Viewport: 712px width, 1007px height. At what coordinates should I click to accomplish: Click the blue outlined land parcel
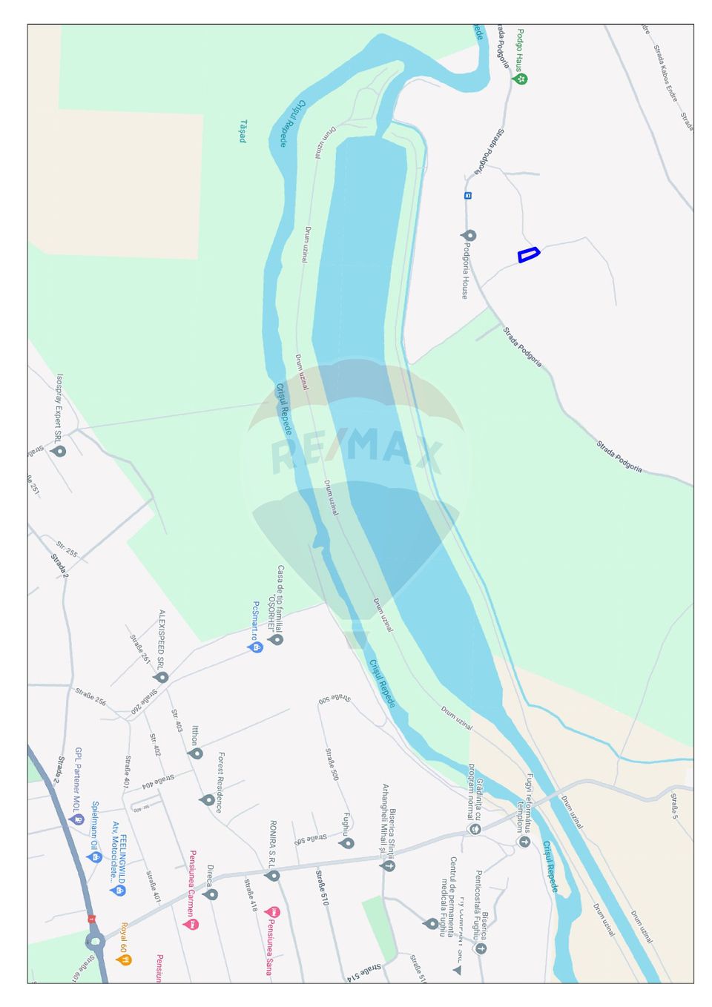(x=528, y=254)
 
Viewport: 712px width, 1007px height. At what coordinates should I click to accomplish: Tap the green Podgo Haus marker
(x=521, y=78)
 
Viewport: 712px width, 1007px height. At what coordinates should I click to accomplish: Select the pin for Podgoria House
(x=469, y=236)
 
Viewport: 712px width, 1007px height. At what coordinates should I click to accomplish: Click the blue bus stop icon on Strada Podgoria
(x=468, y=196)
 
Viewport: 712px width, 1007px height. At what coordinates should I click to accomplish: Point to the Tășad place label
(x=243, y=131)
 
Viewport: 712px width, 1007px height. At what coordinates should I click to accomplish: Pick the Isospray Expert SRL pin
(x=59, y=450)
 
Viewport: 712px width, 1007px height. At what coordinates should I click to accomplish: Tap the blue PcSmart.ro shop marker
(x=254, y=647)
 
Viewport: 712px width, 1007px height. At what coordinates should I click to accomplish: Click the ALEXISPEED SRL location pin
(x=161, y=677)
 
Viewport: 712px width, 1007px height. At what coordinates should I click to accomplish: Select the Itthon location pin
(x=196, y=753)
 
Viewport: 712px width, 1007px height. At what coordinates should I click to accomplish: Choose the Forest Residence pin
(x=208, y=799)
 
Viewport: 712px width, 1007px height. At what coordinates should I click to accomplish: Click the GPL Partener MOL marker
(x=76, y=819)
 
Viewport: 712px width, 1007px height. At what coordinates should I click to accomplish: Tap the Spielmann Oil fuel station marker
(x=94, y=856)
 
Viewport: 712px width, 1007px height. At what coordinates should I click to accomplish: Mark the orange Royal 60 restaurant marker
(x=124, y=959)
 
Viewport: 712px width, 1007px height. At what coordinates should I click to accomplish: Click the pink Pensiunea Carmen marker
(x=191, y=924)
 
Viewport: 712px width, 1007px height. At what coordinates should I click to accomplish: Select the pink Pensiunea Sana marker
(x=272, y=911)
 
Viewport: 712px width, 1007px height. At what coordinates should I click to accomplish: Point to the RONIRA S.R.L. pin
(x=273, y=875)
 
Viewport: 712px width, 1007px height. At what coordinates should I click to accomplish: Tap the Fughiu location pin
(x=346, y=843)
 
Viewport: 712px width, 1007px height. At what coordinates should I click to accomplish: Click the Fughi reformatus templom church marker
(x=524, y=842)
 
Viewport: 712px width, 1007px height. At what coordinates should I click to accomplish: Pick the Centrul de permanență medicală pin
(x=431, y=923)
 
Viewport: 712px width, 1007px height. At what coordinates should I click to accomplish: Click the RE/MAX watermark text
(x=356, y=454)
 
